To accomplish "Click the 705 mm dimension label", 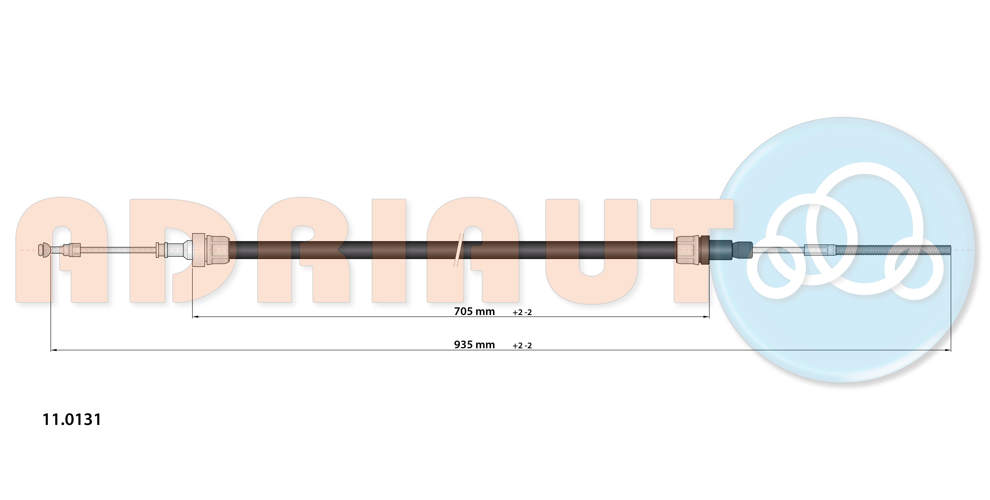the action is [x=474, y=311].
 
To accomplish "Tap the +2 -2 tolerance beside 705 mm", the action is [x=522, y=312].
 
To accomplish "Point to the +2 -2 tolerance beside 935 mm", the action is [x=522, y=346].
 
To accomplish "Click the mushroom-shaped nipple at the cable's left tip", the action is [x=44, y=250].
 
